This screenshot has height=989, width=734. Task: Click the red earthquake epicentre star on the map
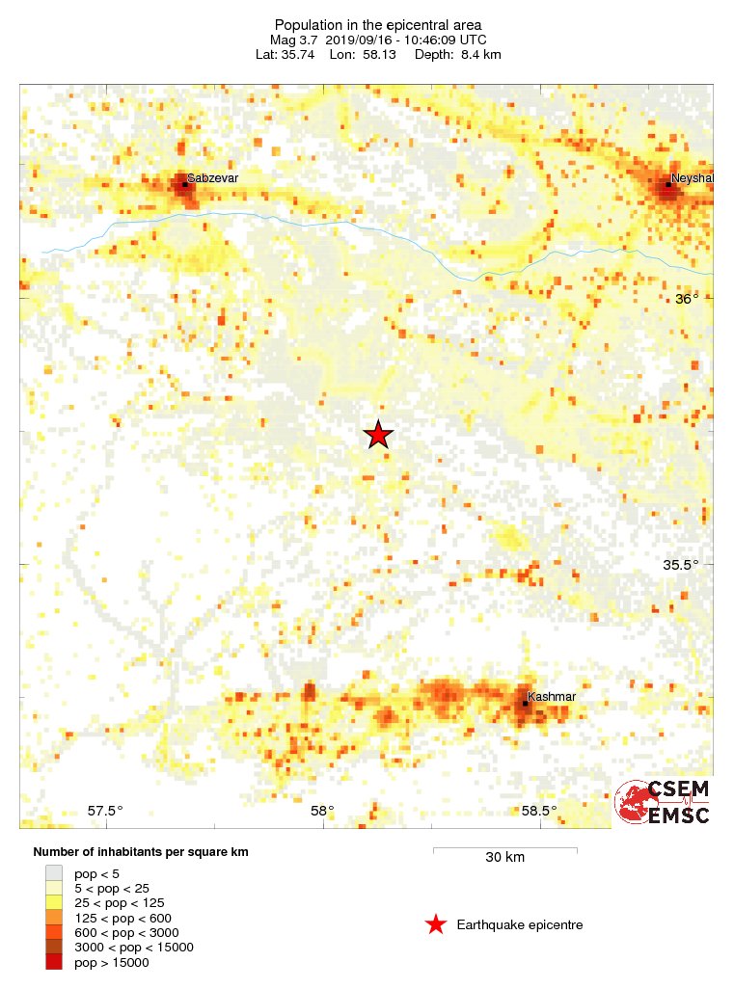tap(378, 435)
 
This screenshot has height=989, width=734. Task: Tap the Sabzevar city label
tap(212, 178)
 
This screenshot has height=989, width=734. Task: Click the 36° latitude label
tap(686, 299)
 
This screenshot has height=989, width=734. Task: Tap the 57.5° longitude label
tap(105, 811)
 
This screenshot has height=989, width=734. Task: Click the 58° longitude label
tap(322, 811)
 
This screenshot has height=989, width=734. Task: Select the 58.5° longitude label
tap(538, 811)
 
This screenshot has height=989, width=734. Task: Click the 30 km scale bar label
tap(504, 857)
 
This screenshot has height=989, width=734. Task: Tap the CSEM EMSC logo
tap(663, 802)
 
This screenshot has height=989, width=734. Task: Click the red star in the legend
tap(436, 925)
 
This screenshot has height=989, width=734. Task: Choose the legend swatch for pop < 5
tap(53, 872)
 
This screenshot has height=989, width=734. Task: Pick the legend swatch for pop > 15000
tap(53, 962)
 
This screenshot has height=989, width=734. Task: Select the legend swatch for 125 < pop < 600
tap(53, 918)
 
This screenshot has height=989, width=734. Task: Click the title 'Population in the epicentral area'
tap(378, 25)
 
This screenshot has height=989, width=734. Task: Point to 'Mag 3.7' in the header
tap(292, 40)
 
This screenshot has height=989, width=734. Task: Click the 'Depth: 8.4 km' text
tap(457, 55)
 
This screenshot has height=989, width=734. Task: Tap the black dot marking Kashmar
tap(525, 703)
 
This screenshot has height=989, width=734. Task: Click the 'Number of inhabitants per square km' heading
tap(147, 853)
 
